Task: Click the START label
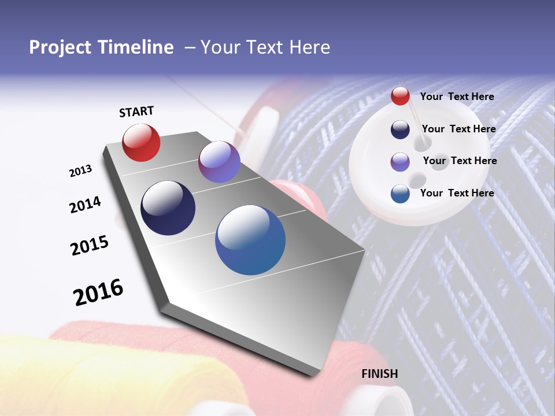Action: pos(136,112)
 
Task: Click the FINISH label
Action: pos(380,374)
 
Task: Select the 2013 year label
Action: pos(80,171)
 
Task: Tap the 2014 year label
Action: pos(85,205)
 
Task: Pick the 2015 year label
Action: pos(90,245)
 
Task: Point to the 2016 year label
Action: pos(98,292)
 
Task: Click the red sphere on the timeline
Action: pos(141,142)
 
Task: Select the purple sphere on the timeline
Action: pos(219,162)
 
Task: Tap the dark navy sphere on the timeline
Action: pos(168,208)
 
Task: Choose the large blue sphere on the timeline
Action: pos(250,240)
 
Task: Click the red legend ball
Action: pos(400,96)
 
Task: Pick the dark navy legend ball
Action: pos(400,129)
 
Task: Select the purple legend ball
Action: pos(400,161)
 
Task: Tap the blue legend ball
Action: pos(400,194)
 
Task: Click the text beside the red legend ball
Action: pos(457,96)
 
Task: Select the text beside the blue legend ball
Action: pos(457,193)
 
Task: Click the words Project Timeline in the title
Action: pos(101,47)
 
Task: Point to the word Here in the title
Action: pos(309,47)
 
